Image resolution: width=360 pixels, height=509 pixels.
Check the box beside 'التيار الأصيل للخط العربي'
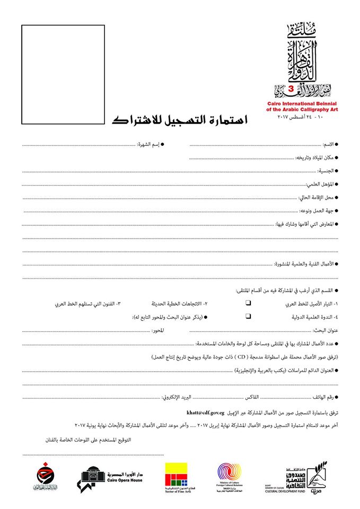(x=248, y=304)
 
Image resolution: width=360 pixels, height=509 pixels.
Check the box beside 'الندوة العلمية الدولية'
(x=248, y=317)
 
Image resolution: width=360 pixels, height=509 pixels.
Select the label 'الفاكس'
(x=252, y=397)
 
